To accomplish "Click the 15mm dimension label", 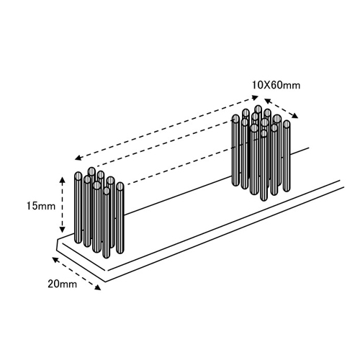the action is tap(41, 206).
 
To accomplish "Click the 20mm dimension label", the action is tap(63, 284).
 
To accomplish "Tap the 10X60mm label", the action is tap(276, 85).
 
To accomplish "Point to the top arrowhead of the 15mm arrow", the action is tap(62, 180).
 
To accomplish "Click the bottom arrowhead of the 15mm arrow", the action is tap(62, 229).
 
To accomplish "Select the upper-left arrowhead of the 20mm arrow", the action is tap(55, 259).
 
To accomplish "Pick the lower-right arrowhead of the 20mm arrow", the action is tap(97, 287).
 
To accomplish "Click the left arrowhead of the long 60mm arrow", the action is tap(78, 158).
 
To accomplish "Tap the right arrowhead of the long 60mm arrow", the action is tap(255, 97).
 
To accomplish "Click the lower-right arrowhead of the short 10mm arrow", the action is tap(294, 116).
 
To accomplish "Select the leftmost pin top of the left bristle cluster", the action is tap(78, 176).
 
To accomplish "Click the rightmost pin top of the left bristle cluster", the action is tap(120, 186).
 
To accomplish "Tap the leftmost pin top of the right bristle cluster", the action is tap(236, 119).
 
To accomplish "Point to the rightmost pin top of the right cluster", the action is tap(287, 125).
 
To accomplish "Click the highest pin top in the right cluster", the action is tap(258, 109).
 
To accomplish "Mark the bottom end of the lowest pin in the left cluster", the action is tap(106, 256).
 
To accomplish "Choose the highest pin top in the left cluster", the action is tap(91, 171).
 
